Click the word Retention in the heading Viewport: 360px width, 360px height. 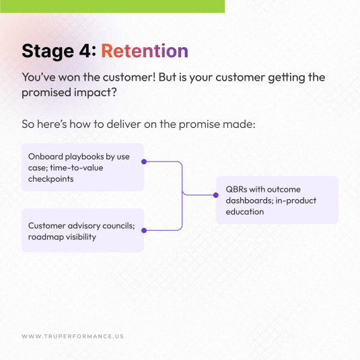pyautogui.click(x=145, y=51)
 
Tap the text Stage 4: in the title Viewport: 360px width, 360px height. pyautogui.click(x=59, y=51)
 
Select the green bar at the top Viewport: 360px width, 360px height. pyautogui.click(x=112, y=6)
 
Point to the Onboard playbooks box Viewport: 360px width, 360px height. pyautogui.click(x=82, y=167)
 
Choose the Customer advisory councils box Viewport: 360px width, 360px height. pyautogui.click(x=82, y=231)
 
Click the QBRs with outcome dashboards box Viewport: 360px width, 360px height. pyautogui.click(x=277, y=200)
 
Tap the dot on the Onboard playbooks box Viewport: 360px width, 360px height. pyautogui.click(x=144, y=161)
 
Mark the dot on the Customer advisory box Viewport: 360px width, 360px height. pyautogui.click(x=144, y=229)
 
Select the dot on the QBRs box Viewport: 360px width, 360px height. pyautogui.click(x=216, y=195)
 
